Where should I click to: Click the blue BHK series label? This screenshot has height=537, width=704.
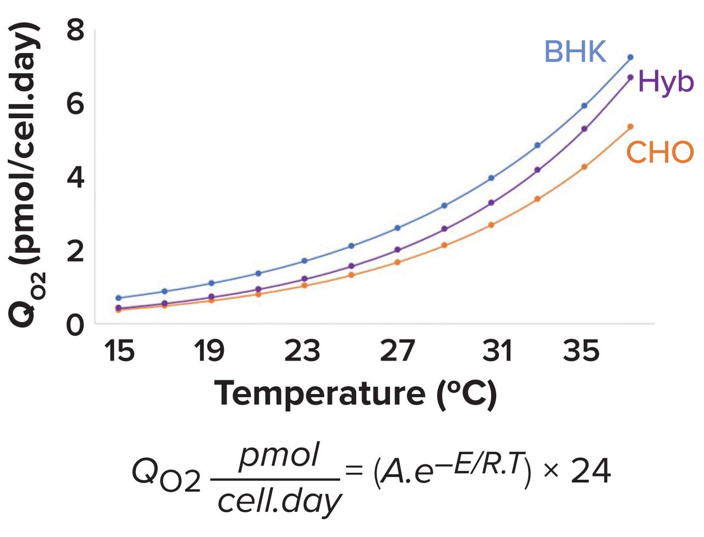[575, 52]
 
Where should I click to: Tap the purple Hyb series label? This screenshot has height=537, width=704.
[666, 82]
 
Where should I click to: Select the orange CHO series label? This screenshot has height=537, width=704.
[659, 152]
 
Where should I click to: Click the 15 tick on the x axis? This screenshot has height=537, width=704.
[119, 350]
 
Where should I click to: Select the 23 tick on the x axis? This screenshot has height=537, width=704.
[302, 350]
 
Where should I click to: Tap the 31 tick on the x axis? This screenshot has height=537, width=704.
[497, 350]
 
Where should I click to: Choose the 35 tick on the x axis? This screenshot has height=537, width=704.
[581, 350]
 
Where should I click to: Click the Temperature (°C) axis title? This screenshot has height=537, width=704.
[355, 393]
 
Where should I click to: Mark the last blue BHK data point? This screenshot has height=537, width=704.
[630, 57]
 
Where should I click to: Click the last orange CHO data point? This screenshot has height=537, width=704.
[630, 127]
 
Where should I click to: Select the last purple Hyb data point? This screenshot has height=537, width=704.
[630, 78]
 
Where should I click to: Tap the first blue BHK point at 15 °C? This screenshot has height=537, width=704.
[118, 298]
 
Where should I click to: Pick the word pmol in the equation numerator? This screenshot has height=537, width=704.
[279, 456]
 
